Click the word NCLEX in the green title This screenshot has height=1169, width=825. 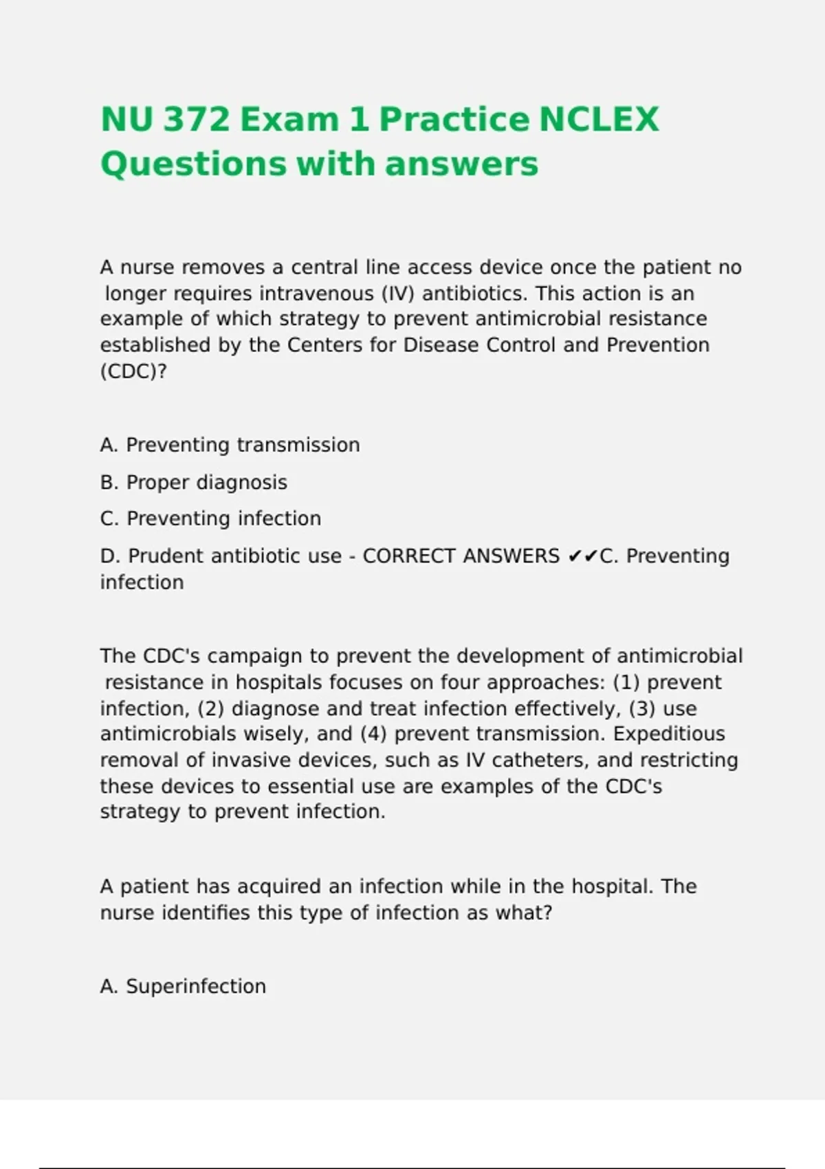[x=598, y=120]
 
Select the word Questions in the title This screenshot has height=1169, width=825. [x=193, y=164]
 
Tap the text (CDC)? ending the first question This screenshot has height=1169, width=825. [x=133, y=371]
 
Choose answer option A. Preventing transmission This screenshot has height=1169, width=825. [x=230, y=446]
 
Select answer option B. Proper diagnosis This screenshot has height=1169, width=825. [x=193, y=483]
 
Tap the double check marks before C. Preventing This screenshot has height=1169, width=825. [x=583, y=556]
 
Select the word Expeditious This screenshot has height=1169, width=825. [x=668, y=734]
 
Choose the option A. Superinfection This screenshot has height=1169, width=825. [x=183, y=987]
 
